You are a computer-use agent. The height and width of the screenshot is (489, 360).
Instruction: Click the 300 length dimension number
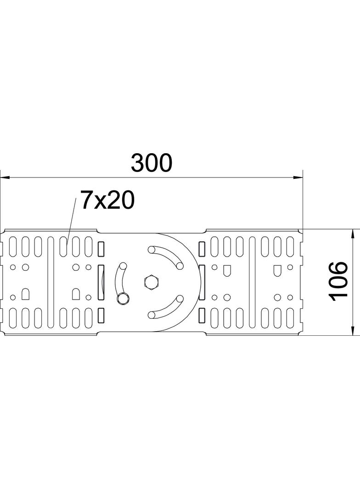[x=151, y=163]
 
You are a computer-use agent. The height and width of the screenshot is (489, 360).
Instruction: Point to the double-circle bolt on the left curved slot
[x=122, y=299]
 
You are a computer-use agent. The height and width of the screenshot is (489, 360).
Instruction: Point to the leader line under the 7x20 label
[x=71, y=220]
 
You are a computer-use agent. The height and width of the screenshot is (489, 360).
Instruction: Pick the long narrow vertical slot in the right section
[x=251, y=281]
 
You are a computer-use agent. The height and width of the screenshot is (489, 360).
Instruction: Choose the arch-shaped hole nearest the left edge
[x=26, y=292]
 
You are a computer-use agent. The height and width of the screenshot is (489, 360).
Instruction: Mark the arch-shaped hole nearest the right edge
[x=277, y=270]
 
